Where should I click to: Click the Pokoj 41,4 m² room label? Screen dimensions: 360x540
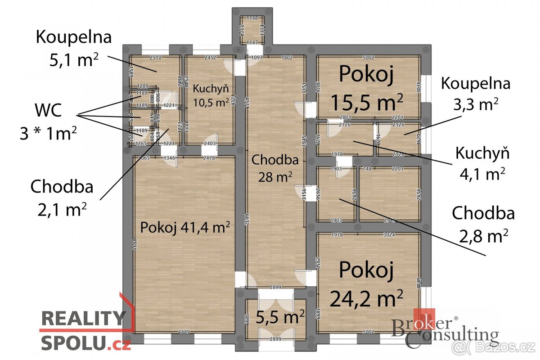click(x=185, y=227)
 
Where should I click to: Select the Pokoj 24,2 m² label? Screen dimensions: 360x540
click(x=366, y=283)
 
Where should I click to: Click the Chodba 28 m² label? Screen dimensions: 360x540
click(x=275, y=168)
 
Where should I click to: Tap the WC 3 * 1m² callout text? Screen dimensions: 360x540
click(x=48, y=121)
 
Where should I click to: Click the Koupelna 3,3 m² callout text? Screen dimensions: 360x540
click(x=476, y=94)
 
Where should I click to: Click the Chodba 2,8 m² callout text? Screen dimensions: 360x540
click(x=483, y=224)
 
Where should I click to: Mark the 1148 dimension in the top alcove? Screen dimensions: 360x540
click(x=252, y=18)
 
